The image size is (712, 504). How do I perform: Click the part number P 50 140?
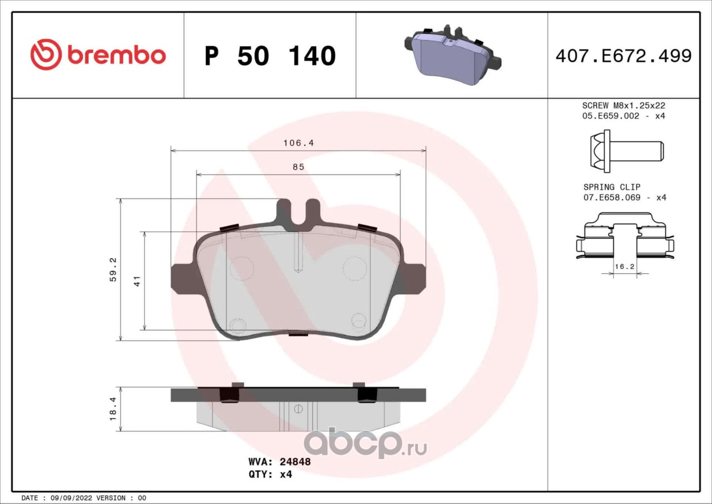point(270,56)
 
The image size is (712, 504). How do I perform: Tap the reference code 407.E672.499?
point(624,56)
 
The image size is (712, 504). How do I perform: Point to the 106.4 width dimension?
point(299,143)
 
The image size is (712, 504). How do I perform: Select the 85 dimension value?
point(299,167)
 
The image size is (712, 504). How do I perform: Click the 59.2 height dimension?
point(113,269)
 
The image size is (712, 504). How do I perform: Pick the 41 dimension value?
point(137,281)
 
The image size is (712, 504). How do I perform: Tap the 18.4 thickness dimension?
point(113,409)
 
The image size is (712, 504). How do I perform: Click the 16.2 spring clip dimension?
point(625,266)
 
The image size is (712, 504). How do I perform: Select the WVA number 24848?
point(295,462)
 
